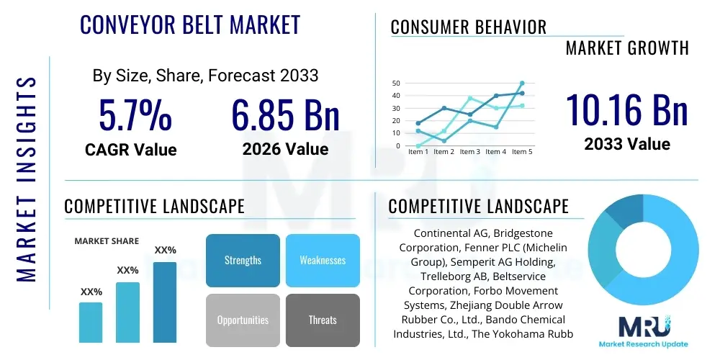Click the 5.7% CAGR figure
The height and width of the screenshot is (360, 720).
[x=135, y=115]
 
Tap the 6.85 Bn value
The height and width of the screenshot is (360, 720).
[x=285, y=115]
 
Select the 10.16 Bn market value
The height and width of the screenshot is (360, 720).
[x=626, y=109]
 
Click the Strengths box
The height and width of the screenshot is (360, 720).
[x=243, y=260]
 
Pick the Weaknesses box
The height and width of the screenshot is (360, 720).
[x=323, y=260]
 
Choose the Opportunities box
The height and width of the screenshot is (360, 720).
[x=243, y=320]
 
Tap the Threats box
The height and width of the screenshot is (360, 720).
[x=323, y=320]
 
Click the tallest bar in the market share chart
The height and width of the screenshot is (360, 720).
[x=165, y=302]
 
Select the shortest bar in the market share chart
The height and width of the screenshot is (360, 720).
[x=91, y=322]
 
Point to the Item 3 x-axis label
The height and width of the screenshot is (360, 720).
[x=469, y=152]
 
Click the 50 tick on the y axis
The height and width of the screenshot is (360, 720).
[x=396, y=84]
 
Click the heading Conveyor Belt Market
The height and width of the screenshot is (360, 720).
[x=189, y=24]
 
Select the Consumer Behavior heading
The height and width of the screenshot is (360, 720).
[x=469, y=27]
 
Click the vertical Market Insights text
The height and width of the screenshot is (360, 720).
[x=26, y=176]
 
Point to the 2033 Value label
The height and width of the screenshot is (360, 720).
[x=626, y=143]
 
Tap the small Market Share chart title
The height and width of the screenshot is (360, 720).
[x=107, y=241]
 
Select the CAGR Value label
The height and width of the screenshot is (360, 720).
[x=130, y=150]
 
